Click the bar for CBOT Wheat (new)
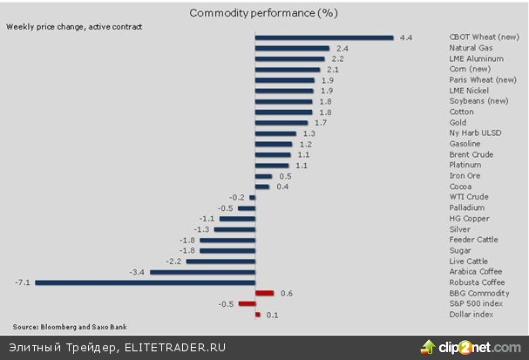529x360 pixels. pos(324,37)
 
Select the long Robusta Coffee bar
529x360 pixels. pos(145,282)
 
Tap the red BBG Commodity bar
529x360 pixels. pos(265,293)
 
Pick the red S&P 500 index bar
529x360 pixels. pos(247,303)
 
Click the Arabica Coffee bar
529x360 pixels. pos(203,272)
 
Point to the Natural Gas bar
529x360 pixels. pos(292,48)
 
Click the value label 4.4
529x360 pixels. pos(404,37)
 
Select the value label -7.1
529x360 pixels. pos(23,282)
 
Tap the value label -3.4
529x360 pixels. pos(137,272)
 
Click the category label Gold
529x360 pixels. pos(458,123)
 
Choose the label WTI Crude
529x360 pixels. pos(468,197)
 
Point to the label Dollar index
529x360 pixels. pos(471,315)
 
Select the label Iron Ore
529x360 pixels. pos(464,176)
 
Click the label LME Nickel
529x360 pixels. pos(469,91)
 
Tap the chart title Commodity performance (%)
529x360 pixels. pos(262,13)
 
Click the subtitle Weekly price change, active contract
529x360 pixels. pos(73,27)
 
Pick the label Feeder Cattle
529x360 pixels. pos(472,240)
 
